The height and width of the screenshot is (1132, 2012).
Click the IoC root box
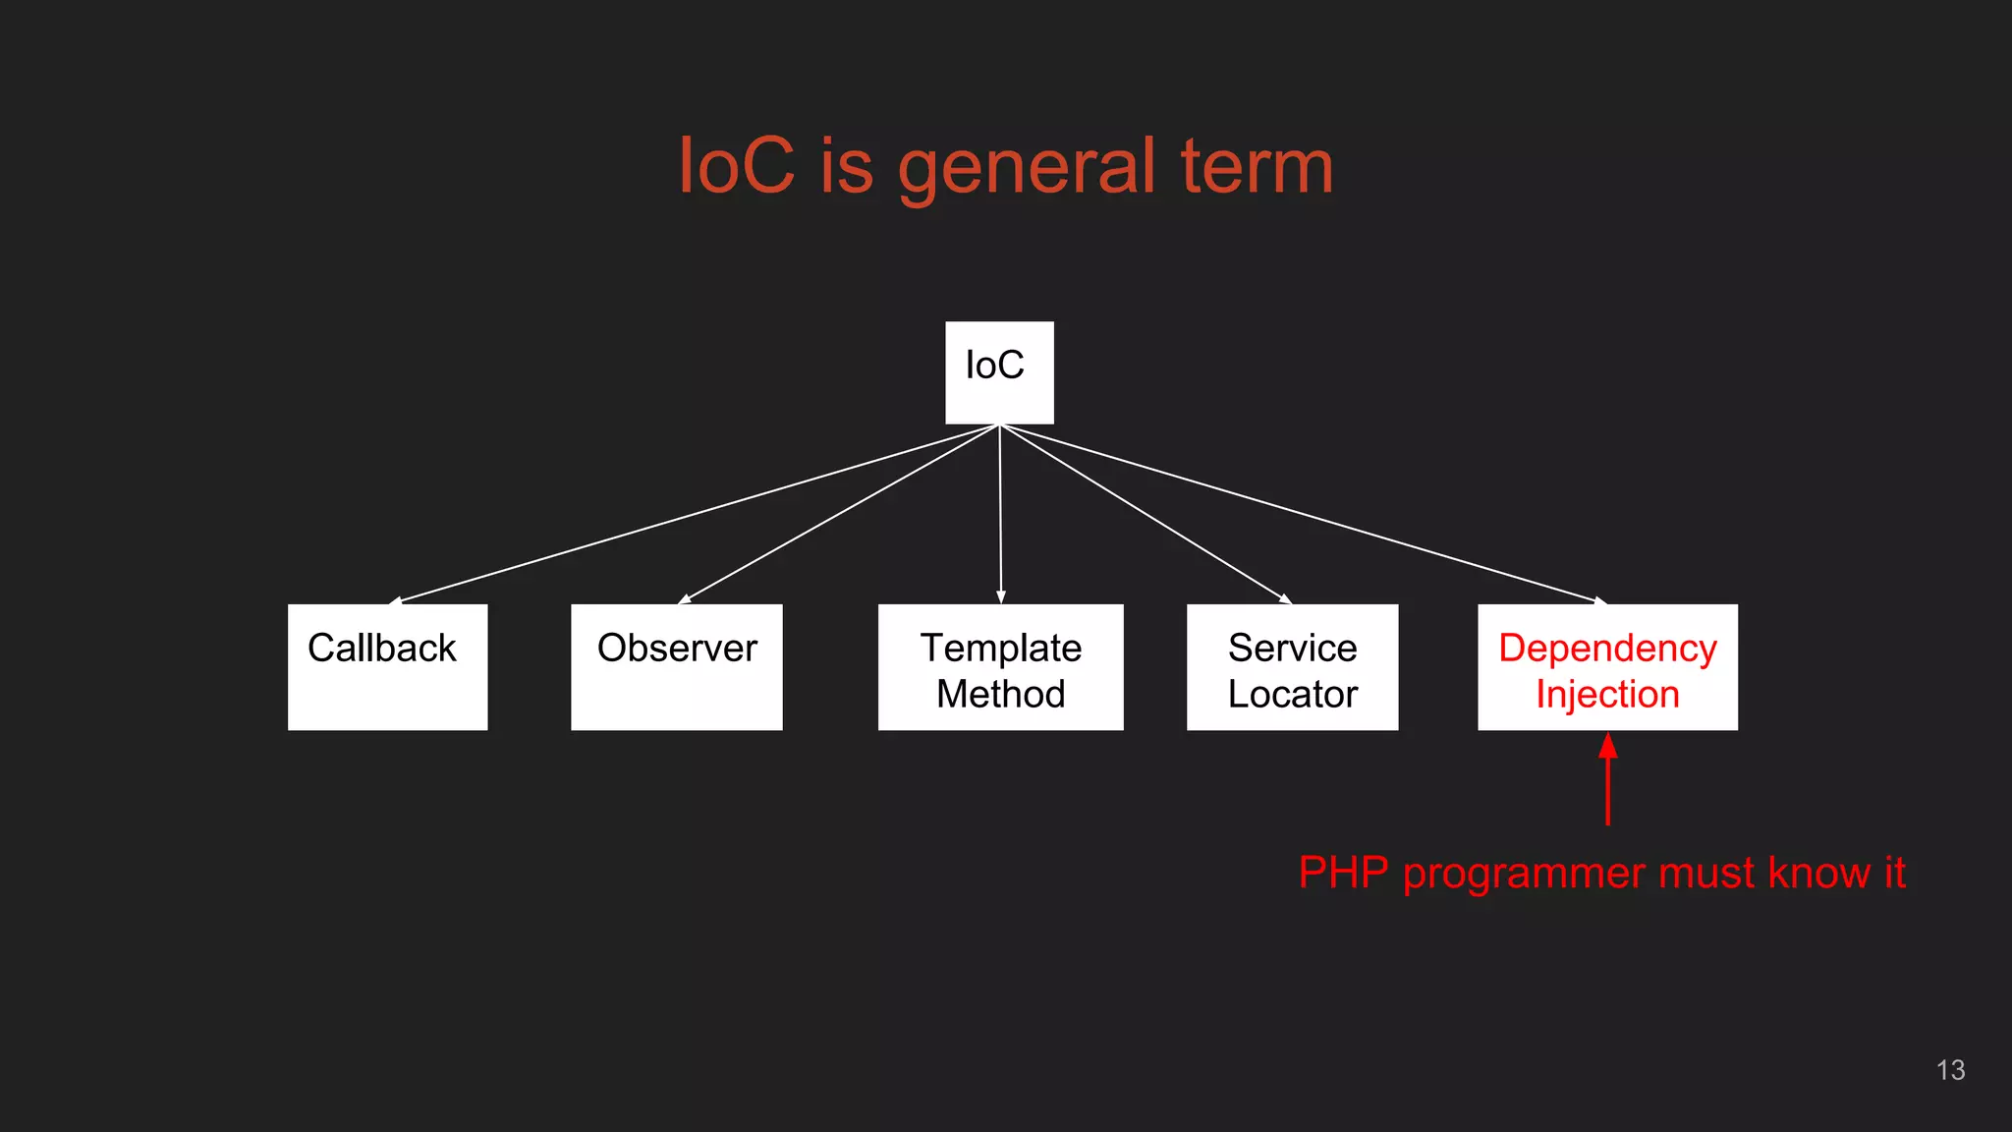pyautogui.click(x=999, y=372)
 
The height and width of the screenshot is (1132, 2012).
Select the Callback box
pyautogui.click(x=387, y=666)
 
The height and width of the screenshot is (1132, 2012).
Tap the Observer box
pyautogui.click(x=676, y=666)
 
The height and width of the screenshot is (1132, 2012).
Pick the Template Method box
pyautogui.click(x=1000, y=666)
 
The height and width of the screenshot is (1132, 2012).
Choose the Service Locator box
pyautogui.click(x=1292, y=666)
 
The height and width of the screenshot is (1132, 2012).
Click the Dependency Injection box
pyautogui.click(x=1607, y=666)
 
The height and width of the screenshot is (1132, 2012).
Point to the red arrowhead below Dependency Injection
pyautogui.click(x=1608, y=746)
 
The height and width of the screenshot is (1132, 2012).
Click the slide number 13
pyautogui.click(x=1950, y=1070)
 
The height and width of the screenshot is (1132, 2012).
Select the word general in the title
pyautogui.click(x=1026, y=167)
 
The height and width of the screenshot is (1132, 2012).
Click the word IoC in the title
pyautogui.click(x=736, y=167)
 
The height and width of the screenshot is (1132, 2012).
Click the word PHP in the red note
pyautogui.click(x=1343, y=873)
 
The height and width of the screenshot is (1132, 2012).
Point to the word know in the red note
pyautogui.click(x=1818, y=873)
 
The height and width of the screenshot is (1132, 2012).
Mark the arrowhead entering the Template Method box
pyautogui.click(x=1001, y=597)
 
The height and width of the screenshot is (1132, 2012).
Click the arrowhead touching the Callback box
pyautogui.click(x=396, y=599)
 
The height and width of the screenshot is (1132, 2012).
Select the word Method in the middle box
pyautogui.click(x=1000, y=694)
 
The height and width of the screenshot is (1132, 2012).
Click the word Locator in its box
pyautogui.click(x=1292, y=694)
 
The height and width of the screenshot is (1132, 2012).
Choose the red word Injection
pyautogui.click(x=1607, y=694)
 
